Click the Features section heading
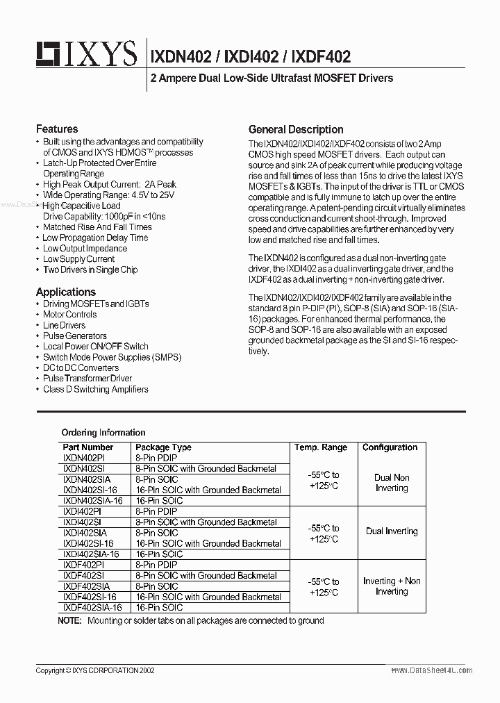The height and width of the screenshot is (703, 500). pyautogui.click(x=57, y=129)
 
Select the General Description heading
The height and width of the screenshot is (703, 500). pyautogui.click(x=296, y=129)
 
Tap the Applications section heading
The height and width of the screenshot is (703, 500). pyautogui.click(x=66, y=292)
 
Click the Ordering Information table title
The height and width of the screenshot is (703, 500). pyautogui.click(x=103, y=432)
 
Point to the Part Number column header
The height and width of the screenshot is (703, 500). pyautogui.click(x=87, y=447)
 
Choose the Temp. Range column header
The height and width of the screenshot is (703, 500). pyautogui.click(x=321, y=447)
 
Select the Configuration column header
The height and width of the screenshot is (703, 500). pyautogui.click(x=390, y=447)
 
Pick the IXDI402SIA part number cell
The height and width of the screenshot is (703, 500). pyautogui.click(x=86, y=533)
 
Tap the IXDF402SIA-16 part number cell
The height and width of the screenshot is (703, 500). pyautogui.click(x=92, y=607)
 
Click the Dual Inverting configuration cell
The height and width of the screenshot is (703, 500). pyautogui.click(x=392, y=531)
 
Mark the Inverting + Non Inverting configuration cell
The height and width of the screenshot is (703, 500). pyautogui.click(x=392, y=586)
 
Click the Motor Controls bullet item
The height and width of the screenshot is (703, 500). pyautogui.click(x=69, y=315)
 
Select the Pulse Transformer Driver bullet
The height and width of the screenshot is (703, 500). pyautogui.click(x=87, y=379)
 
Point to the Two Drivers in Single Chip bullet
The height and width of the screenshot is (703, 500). pyautogui.click(x=90, y=270)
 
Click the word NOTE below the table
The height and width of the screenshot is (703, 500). pyautogui.click(x=69, y=620)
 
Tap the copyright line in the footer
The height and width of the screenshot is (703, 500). pyautogui.click(x=95, y=670)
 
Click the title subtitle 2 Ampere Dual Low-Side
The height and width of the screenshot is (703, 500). pyautogui.click(x=272, y=78)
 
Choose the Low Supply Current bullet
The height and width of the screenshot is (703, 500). pyautogui.click(x=78, y=259)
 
